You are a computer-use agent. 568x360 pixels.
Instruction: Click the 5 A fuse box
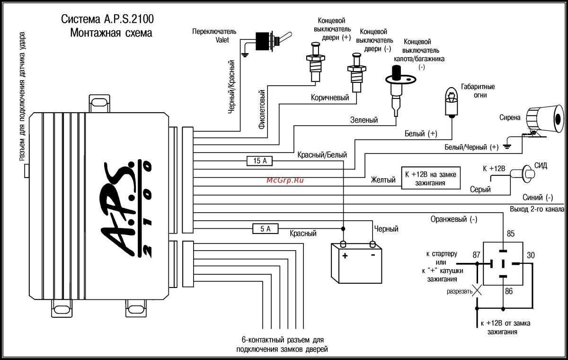coord(258,229)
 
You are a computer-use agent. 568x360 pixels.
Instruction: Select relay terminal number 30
coord(530,255)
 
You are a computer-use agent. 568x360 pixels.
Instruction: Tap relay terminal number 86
coord(508,291)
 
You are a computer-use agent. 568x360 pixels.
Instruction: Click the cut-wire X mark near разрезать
coord(478,290)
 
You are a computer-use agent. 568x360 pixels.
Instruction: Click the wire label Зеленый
coord(364,120)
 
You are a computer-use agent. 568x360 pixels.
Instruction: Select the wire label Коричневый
coord(330,98)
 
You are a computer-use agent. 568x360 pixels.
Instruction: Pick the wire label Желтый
coord(383,180)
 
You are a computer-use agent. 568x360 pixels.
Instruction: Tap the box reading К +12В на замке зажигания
coord(431,178)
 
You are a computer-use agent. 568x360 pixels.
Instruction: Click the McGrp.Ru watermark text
coord(284,180)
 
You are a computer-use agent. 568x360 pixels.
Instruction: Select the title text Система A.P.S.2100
coord(107,19)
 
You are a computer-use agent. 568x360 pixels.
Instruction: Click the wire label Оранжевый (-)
coord(453,219)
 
